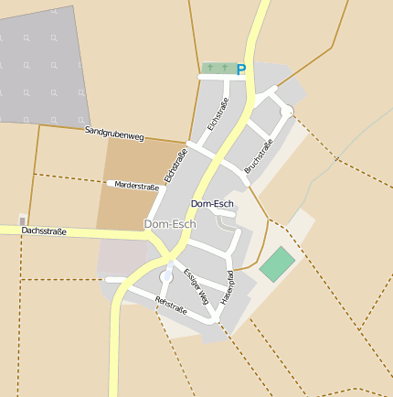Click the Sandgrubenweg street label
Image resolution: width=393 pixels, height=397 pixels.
coord(114,134)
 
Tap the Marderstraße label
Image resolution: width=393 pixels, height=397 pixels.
coord(136,186)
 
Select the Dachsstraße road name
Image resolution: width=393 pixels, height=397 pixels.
coord(44,231)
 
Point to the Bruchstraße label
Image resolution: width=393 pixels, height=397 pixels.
coord(259,156)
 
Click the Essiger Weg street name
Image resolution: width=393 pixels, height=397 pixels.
coord(196,285)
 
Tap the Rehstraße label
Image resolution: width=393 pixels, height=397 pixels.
coord(171,306)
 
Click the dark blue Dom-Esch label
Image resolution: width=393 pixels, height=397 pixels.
coord(212,203)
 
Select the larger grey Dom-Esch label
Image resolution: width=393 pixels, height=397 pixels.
coord(170,223)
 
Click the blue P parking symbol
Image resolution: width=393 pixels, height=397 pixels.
coord(241,69)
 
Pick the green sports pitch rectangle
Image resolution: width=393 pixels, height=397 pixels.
coord(277,264)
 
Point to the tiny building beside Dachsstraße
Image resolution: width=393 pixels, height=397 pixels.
coord(23,220)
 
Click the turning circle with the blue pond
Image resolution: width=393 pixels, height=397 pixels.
coord(166,275)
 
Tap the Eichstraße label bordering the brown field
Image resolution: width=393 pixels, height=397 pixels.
coord(175,165)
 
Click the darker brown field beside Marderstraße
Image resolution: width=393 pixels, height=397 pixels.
coord(137,206)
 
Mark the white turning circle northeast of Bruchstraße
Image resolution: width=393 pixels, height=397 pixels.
coord(286,111)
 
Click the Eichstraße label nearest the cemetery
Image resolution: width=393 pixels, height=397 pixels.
coord(218,113)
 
